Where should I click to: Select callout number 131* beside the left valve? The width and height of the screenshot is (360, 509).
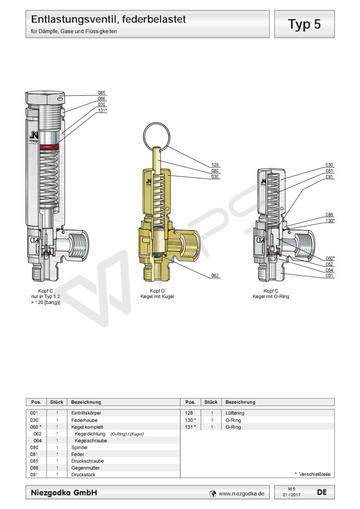[x=102, y=109]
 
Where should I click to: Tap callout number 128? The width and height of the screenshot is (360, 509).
[x=216, y=165]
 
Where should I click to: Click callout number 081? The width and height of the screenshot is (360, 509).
[x=330, y=171]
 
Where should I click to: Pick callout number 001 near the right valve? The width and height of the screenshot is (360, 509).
[x=330, y=274]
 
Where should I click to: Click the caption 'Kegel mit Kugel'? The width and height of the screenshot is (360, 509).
[x=157, y=296]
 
